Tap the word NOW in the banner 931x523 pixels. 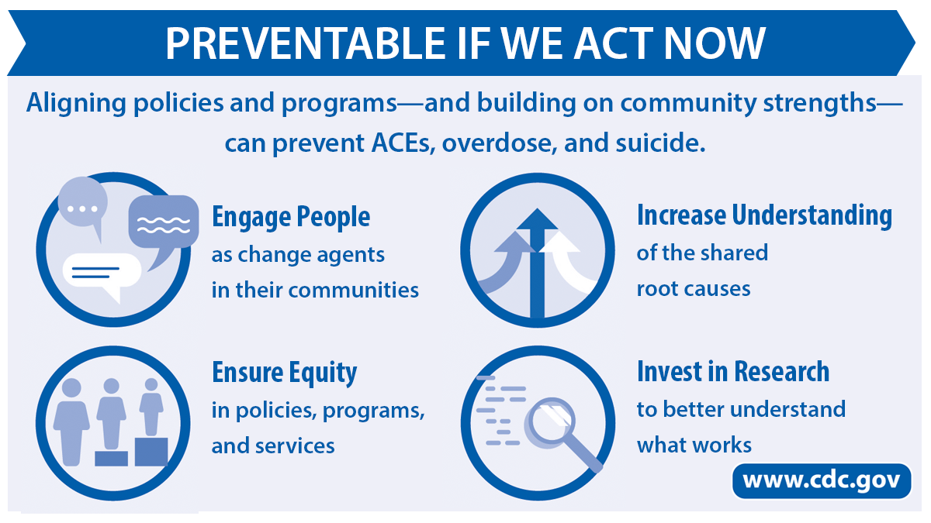tap(715, 43)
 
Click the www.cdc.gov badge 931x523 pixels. tap(822, 480)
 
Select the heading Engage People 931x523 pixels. tap(291, 217)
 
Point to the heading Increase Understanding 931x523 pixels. tap(764, 215)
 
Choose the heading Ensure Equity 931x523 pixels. tap(284, 373)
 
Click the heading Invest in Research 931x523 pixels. tap(733, 371)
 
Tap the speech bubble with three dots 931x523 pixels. tap(83, 203)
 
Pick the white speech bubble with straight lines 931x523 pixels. tap(102, 272)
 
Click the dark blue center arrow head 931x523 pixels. tap(537, 219)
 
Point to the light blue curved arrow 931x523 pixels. tap(505, 266)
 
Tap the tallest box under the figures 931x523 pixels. tap(151, 452)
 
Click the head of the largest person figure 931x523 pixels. tap(71, 387)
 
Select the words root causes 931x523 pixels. tap(694, 289)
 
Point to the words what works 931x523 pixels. tap(694, 445)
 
